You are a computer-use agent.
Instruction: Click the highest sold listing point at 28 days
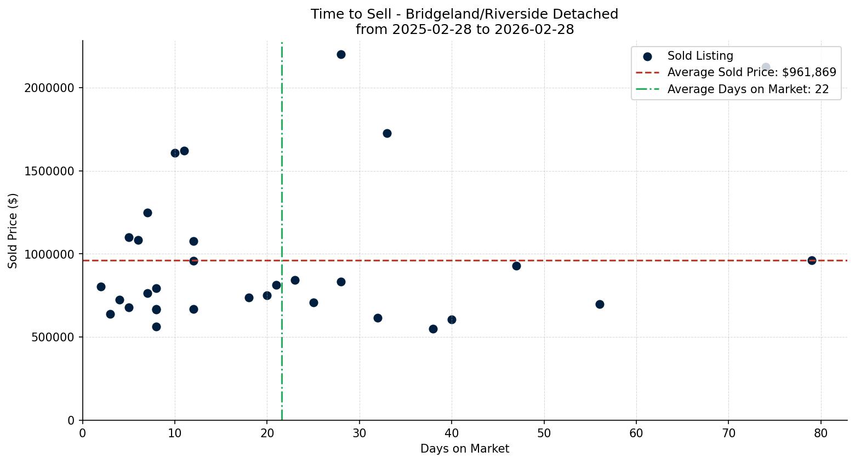(341, 54)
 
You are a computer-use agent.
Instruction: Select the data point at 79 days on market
(812, 260)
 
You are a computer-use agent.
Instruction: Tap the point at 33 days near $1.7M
(387, 133)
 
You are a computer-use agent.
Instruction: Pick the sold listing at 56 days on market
(600, 304)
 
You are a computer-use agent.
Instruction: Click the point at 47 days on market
(516, 266)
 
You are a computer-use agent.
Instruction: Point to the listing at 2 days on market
(101, 287)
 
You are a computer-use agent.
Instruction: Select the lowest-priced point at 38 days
(433, 329)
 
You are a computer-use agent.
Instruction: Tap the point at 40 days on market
(452, 319)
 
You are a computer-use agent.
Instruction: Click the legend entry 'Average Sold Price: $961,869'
(751, 72)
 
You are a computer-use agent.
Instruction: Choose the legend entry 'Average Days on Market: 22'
(748, 89)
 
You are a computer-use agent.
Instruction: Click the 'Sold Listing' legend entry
(700, 56)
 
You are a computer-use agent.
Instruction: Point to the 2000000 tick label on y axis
(49, 88)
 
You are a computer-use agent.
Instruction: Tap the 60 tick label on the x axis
(636, 433)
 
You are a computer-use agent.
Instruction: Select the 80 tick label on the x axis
(820, 433)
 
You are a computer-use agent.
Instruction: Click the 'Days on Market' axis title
(465, 449)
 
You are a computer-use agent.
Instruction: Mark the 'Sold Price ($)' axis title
(13, 231)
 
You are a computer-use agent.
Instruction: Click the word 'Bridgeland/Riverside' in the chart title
(464, 14)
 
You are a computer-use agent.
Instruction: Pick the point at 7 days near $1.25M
(147, 213)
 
